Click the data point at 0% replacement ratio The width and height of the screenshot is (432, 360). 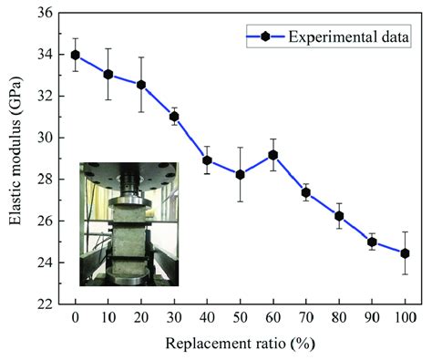pyautogui.click(x=76, y=55)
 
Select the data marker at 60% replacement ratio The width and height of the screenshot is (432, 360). pyautogui.click(x=273, y=155)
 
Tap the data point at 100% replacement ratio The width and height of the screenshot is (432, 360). pyautogui.click(x=406, y=253)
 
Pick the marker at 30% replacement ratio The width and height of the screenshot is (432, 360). pyautogui.click(x=174, y=117)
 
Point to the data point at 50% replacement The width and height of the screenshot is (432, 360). pyautogui.click(x=241, y=174)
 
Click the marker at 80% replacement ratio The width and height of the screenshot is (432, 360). pyautogui.click(x=339, y=216)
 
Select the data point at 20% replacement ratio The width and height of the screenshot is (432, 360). pyautogui.click(x=141, y=85)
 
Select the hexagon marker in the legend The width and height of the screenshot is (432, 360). pyautogui.click(x=265, y=36)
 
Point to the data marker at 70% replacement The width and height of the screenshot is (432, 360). pyautogui.click(x=306, y=192)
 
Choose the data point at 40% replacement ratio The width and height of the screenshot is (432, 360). pyautogui.click(x=208, y=160)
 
